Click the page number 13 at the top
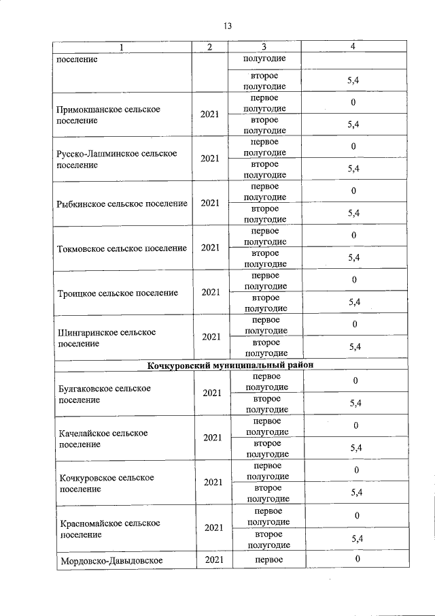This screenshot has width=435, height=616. click(227, 26)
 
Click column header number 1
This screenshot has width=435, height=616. click(122, 47)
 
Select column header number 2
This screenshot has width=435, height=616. click(210, 47)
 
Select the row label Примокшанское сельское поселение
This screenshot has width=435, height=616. click(109, 115)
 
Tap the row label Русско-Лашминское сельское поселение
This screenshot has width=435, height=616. click(117, 159)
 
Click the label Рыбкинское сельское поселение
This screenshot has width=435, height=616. click(122, 204)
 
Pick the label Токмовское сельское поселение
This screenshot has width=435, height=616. click(122, 248)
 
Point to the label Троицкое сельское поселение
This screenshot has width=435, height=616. click(118, 293)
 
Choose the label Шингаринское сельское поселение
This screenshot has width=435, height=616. click(107, 338)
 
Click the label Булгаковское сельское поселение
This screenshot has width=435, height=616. click(105, 394)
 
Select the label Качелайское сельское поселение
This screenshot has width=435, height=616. click(103, 438)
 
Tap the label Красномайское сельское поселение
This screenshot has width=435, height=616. click(109, 528)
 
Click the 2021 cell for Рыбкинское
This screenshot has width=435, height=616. click(210, 204)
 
